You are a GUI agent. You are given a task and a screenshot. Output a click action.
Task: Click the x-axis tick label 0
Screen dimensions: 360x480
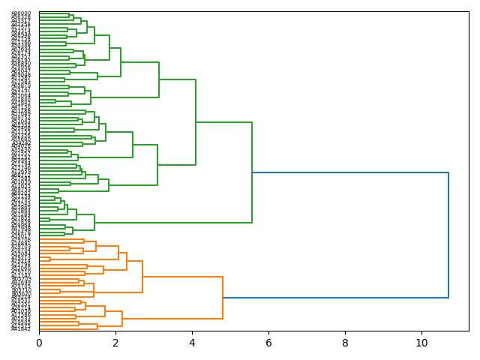(39, 343)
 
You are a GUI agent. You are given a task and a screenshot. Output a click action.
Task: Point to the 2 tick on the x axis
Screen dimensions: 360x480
(115, 343)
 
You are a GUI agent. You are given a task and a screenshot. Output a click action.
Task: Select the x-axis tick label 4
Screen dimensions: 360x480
(192, 343)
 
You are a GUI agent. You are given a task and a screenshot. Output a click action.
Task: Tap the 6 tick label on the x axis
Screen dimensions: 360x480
(268, 343)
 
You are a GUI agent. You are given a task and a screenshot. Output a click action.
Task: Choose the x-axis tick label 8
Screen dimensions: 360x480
(345, 343)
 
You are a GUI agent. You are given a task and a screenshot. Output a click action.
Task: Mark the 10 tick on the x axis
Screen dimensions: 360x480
(421, 343)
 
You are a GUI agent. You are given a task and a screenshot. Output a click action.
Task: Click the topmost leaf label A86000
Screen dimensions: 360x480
(21, 13)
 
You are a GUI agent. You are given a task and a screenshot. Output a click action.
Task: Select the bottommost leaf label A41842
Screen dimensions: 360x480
(21, 328)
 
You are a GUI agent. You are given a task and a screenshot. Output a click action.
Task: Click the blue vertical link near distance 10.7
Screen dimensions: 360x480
(448, 235)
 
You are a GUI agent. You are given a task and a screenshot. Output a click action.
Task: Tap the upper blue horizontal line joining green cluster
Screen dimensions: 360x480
(350, 172)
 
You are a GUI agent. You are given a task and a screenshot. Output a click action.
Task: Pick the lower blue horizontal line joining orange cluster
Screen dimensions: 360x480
(335, 298)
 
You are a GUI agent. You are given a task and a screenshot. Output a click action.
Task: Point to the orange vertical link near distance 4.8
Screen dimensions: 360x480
(223, 298)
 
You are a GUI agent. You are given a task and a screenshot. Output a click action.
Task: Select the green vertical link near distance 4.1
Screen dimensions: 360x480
(196, 122)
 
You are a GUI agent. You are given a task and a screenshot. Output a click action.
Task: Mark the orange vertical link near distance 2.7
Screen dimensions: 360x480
(142, 277)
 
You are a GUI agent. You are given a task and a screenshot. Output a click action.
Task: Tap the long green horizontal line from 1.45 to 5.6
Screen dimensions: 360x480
(173, 223)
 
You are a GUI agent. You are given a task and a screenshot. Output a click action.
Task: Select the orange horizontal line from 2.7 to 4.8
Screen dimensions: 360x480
(182, 277)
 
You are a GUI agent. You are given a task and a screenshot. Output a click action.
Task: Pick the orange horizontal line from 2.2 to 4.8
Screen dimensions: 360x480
(172, 319)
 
